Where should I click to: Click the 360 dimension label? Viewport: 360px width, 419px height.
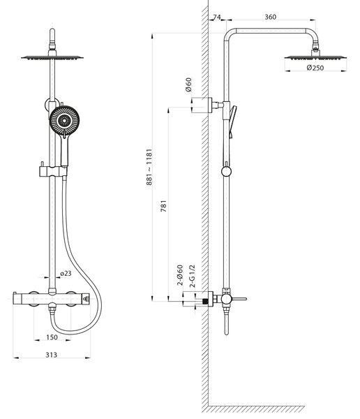click(x=270, y=17)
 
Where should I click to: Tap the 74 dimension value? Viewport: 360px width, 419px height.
click(x=217, y=17)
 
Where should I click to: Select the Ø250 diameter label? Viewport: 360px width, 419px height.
click(x=315, y=68)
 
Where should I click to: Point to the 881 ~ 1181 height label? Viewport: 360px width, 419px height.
click(x=149, y=167)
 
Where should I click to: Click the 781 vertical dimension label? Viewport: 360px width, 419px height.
click(x=163, y=206)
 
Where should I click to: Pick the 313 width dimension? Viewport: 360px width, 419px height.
click(x=51, y=355)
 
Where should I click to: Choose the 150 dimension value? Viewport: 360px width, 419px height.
click(x=52, y=337)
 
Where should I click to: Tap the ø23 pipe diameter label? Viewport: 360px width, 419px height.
click(x=66, y=273)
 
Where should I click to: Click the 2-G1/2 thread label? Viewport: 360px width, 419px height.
click(x=193, y=276)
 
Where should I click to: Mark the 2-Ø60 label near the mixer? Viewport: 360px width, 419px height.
click(x=180, y=275)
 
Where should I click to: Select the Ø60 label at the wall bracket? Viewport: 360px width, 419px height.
click(x=188, y=84)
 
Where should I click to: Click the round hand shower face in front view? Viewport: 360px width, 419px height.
click(x=64, y=121)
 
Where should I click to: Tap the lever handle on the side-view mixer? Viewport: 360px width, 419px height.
click(x=239, y=299)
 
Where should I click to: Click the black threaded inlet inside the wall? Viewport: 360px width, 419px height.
click(x=205, y=301)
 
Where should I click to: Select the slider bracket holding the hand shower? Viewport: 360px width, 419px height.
click(x=53, y=171)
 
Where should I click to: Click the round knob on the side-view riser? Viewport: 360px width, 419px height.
click(x=226, y=171)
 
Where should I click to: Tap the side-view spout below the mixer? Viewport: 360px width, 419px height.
click(x=227, y=321)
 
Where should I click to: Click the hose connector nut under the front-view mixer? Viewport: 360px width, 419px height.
click(x=52, y=310)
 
